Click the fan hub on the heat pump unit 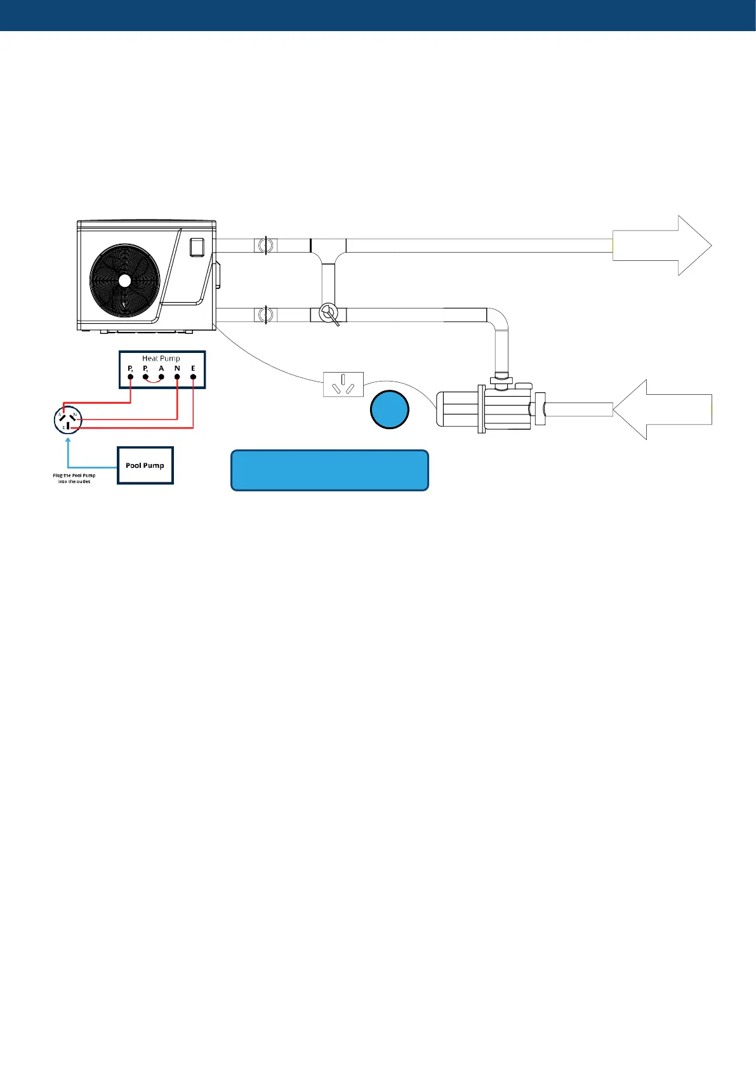click(124, 280)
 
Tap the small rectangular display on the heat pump click(197, 246)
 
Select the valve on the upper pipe click(265, 245)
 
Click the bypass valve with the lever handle click(328, 314)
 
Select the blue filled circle click(390, 409)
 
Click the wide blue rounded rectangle click(329, 470)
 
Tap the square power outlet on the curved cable click(343, 384)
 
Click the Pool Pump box click(145, 465)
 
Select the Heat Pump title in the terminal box click(161, 359)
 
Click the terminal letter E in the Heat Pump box click(193, 368)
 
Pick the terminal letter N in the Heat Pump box click(177, 368)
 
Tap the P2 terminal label click(130, 368)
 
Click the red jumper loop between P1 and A click(154, 381)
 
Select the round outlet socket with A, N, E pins click(68, 420)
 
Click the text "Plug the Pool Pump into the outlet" click(74, 478)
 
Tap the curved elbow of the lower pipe click(499, 317)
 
